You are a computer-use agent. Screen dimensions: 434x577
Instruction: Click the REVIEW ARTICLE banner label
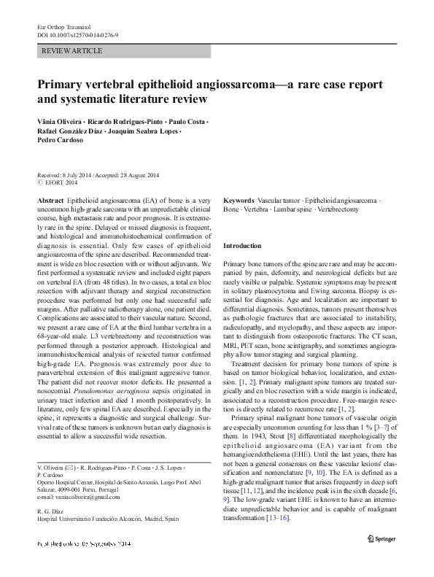(72, 51)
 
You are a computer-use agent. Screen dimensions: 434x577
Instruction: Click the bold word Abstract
(50, 199)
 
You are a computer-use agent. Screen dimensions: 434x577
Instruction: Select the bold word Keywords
(239, 199)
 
